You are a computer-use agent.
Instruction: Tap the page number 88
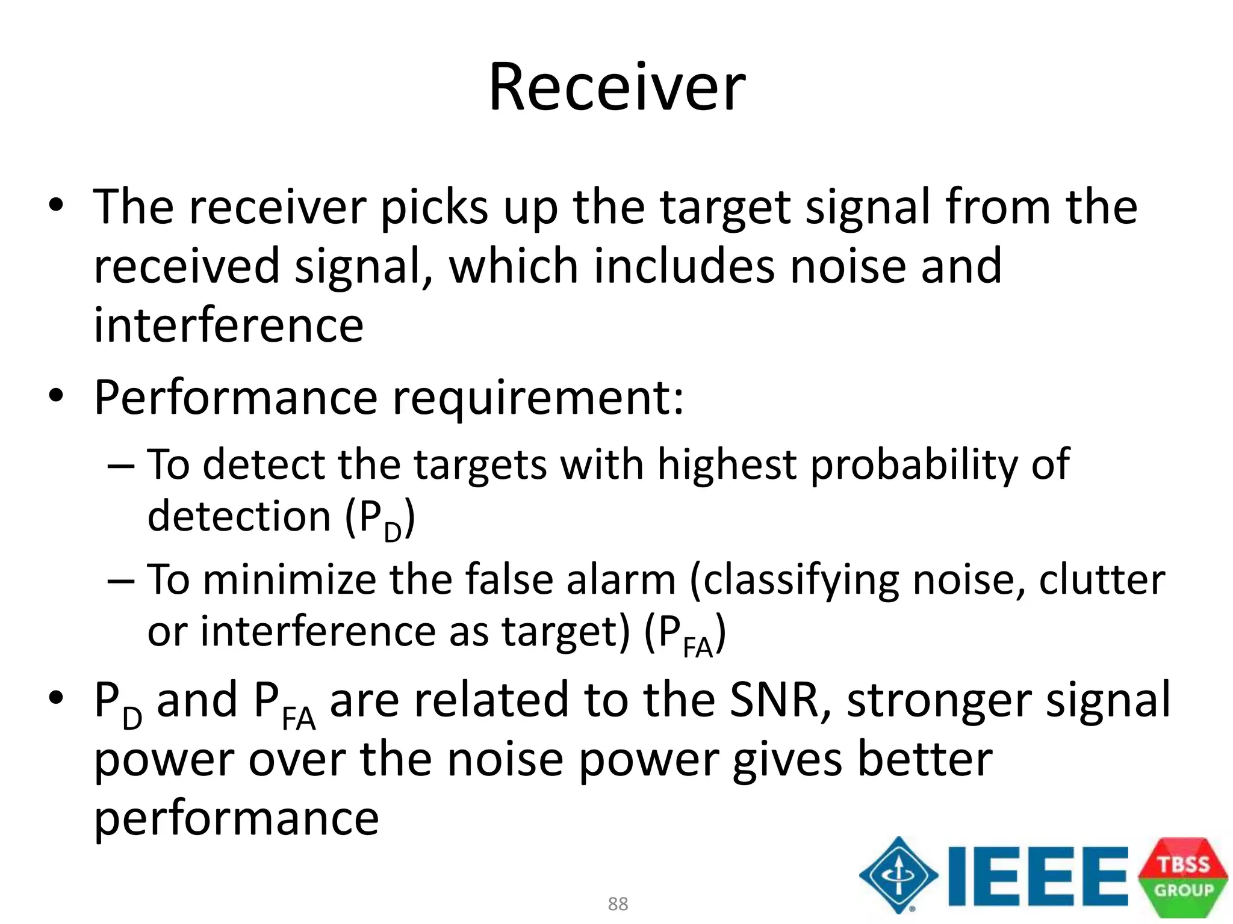coord(618,904)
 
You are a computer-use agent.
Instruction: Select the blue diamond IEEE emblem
coord(898,875)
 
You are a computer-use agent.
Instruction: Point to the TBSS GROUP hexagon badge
coord(1183,877)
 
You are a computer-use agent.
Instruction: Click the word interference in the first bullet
coord(228,325)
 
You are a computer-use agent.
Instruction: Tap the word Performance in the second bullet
coord(235,398)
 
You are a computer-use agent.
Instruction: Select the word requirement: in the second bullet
coord(538,398)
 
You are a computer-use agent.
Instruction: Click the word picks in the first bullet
coord(434,208)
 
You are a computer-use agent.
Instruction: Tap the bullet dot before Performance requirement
coord(56,396)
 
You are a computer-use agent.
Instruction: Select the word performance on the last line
coord(236,819)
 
